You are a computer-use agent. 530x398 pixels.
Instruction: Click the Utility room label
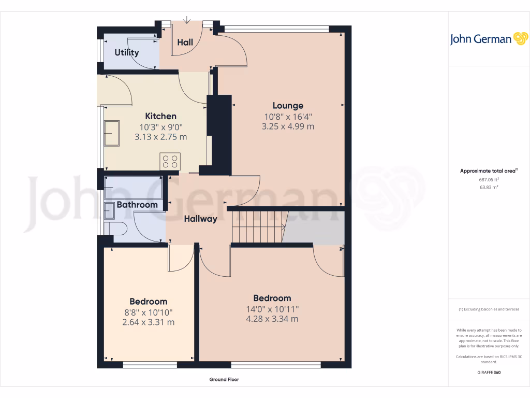(127, 52)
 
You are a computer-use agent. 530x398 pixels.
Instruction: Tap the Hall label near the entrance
(185, 42)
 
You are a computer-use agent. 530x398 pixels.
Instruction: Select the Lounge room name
(288, 106)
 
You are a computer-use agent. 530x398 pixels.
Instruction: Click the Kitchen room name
(160, 116)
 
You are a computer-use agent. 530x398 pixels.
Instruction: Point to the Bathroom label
(137, 205)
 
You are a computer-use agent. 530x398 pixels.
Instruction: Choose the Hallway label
(200, 219)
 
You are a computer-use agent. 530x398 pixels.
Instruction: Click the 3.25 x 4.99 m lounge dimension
(288, 126)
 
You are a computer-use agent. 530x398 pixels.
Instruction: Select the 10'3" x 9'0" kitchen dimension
(160, 127)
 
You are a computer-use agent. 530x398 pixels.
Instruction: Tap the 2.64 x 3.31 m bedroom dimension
(148, 322)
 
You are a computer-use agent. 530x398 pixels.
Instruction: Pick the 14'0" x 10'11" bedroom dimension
(272, 309)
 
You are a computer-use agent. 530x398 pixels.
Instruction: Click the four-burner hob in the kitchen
(170, 161)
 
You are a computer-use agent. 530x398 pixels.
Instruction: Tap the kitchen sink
(111, 133)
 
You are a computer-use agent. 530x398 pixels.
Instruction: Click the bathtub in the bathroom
(133, 188)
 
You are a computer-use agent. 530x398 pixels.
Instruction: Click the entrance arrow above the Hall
(187, 20)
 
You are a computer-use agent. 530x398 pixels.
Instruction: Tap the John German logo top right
(488, 39)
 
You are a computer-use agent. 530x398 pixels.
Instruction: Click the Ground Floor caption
(224, 379)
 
